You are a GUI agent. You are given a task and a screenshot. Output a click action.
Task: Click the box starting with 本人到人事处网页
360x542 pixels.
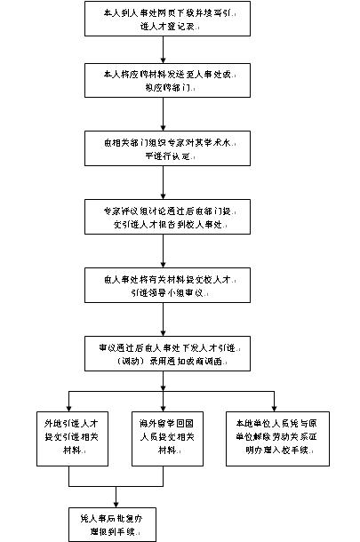tap(168, 19)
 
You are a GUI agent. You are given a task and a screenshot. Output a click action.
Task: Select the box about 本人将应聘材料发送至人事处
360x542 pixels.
tap(168, 79)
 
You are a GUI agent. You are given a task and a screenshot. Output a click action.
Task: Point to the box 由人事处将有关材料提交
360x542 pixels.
tap(168, 285)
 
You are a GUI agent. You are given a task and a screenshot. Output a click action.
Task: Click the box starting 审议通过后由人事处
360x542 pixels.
tap(168, 353)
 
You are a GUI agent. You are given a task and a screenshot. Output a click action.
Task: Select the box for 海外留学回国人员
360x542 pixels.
tap(167, 433)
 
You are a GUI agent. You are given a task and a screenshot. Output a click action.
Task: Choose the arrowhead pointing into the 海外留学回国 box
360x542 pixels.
tap(167, 403)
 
